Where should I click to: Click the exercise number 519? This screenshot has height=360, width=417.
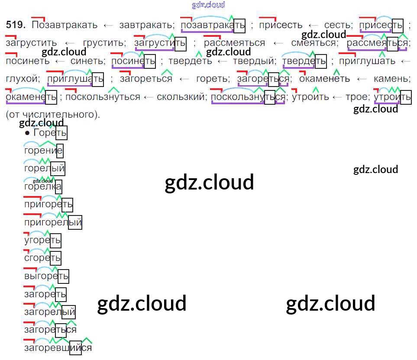click(x=16, y=25)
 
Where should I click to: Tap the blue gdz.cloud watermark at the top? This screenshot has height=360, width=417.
click(x=208, y=5)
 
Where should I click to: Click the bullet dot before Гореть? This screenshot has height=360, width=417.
click(x=27, y=133)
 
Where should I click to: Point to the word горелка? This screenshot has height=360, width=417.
click(x=43, y=187)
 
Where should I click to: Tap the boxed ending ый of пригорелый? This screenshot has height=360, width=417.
click(x=75, y=222)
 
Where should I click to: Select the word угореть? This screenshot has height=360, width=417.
click(x=42, y=240)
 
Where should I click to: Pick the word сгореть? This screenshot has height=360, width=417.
click(x=42, y=258)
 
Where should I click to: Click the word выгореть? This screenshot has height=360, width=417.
click(x=46, y=276)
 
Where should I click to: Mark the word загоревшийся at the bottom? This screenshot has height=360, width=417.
click(x=58, y=347)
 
